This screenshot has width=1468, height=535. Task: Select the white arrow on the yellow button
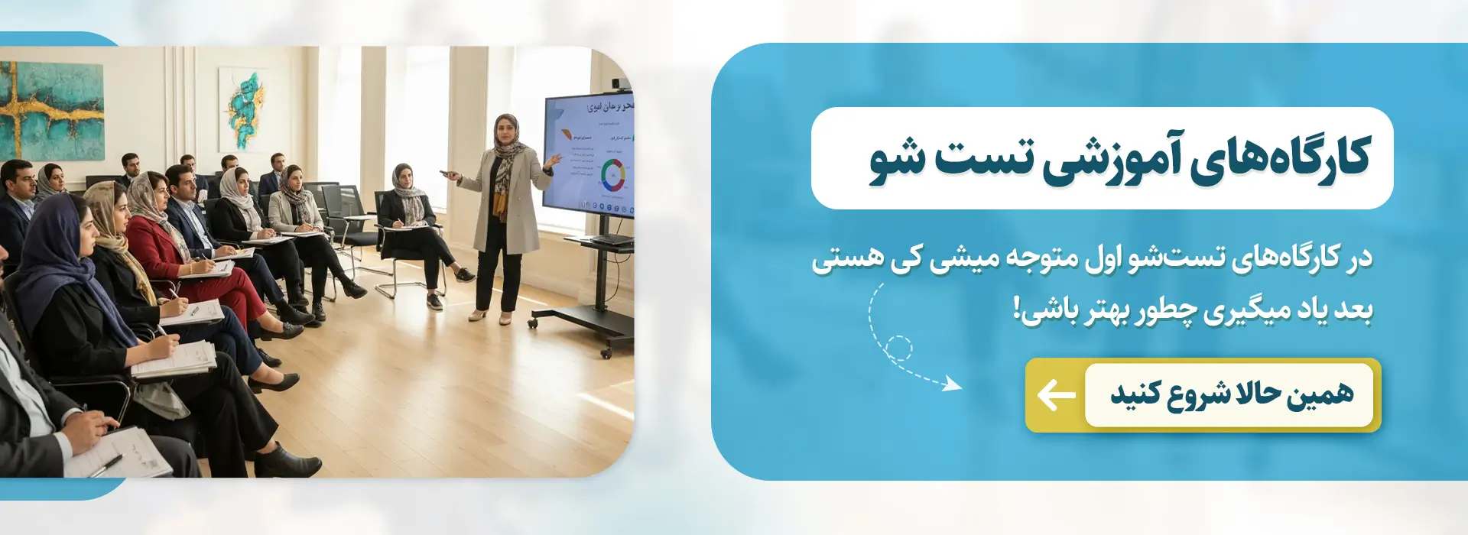(x=1056, y=395)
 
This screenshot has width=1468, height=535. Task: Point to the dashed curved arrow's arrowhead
(x=953, y=384)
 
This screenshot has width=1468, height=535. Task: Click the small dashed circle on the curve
(x=899, y=349)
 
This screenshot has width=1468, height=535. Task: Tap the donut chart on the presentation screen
(x=613, y=174)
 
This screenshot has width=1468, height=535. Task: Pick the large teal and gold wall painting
(x=52, y=111)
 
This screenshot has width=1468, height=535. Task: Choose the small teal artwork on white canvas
(x=244, y=111)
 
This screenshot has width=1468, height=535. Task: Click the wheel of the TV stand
(x=606, y=354)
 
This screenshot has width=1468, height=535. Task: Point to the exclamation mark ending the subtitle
(x=1017, y=310)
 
